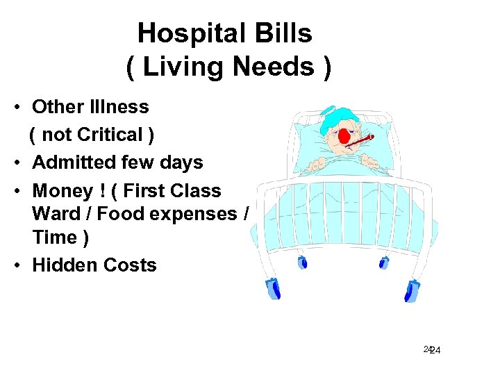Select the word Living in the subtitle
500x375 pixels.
pyautogui.click(x=183, y=67)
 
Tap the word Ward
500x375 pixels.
pyautogui.click(x=56, y=214)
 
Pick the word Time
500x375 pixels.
pyautogui.click(x=54, y=237)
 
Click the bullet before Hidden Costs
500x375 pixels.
pyautogui.click(x=22, y=265)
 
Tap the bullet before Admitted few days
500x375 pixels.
pyautogui.click(x=22, y=162)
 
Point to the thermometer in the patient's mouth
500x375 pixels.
pyautogui.click(x=358, y=142)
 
